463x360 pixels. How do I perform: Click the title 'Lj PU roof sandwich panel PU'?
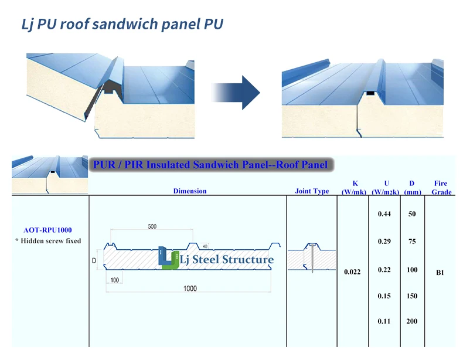coord(122,25)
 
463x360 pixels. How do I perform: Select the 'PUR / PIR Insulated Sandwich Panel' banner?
coord(210,165)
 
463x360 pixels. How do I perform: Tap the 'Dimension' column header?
coord(190,191)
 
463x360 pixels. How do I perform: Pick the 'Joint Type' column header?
coord(312,191)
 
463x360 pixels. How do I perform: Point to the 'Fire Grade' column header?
coord(441,188)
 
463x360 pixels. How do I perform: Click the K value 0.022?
coord(352,271)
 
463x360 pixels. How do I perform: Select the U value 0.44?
coord(384,214)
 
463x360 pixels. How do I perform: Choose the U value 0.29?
coord(384,241)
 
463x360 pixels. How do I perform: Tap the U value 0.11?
coord(384,321)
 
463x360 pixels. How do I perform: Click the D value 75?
coord(412,241)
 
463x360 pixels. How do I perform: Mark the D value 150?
coord(412,296)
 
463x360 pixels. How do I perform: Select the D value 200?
coord(412,321)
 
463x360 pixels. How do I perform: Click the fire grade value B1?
coord(440,273)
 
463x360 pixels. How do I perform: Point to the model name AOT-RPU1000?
coord(48,230)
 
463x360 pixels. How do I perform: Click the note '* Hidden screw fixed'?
coord(48,241)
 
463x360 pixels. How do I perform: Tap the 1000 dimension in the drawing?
coord(190,288)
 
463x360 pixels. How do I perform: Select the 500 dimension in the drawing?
coord(152,226)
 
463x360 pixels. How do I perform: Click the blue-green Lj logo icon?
coord(168,258)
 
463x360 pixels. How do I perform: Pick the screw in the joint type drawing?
coord(312,258)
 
